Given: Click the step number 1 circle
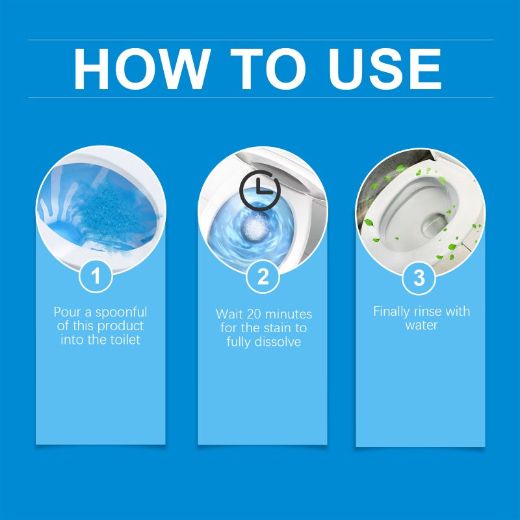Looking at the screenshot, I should pos(96,277).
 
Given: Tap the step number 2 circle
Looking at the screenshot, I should pos(263,277).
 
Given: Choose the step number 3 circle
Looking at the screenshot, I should pos(419,278).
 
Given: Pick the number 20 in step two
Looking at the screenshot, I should pos(253,314).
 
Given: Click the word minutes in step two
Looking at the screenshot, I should pos(287,314).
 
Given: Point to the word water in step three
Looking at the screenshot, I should pos(421,325).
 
